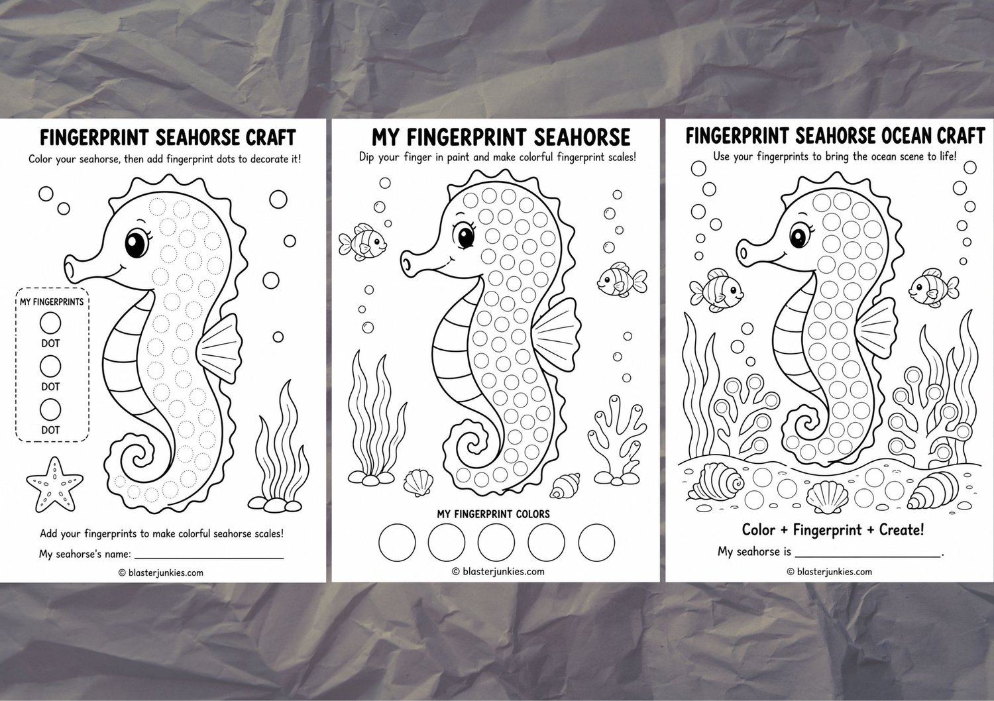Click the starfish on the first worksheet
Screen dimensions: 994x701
[x=54, y=484]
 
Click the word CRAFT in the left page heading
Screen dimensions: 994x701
[x=270, y=138]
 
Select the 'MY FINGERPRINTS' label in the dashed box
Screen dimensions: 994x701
[x=52, y=302]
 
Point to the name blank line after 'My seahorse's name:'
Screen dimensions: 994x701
[x=209, y=557]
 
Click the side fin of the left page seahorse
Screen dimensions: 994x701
[x=219, y=349]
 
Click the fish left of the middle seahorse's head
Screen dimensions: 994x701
[x=362, y=243]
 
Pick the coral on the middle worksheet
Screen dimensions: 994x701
[x=616, y=440]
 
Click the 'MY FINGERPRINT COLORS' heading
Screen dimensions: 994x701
[x=494, y=514]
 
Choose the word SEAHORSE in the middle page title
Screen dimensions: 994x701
[x=582, y=137]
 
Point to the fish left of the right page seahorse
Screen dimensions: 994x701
[x=716, y=290]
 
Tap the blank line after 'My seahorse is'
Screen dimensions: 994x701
[x=867, y=555]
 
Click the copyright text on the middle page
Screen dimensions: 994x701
[x=498, y=571]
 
